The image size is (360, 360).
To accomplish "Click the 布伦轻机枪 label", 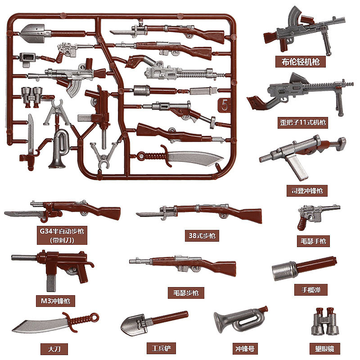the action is [x=300, y=62].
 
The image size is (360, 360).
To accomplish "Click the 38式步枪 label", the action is [x=202, y=235].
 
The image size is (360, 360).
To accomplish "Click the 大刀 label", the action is [x=48, y=348].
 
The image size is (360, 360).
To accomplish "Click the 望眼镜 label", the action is [x=324, y=348].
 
